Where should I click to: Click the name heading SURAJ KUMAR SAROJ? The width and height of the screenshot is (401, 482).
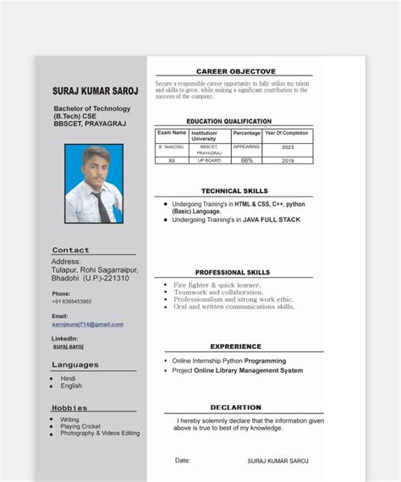click(95, 91)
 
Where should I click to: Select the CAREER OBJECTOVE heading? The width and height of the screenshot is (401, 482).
click(235, 71)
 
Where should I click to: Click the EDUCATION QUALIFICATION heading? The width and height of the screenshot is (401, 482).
click(228, 121)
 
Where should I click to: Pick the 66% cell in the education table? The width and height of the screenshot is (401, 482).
click(247, 160)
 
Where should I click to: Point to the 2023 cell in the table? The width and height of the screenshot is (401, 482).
click(288, 147)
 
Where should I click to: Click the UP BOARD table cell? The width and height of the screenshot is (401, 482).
click(209, 160)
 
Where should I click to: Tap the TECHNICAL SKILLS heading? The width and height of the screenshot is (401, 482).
click(234, 191)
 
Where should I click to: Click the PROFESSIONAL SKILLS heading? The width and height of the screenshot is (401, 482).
click(233, 273)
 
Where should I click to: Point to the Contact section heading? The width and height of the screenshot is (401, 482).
click(70, 251)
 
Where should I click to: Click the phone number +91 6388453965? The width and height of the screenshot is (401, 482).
click(71, 302)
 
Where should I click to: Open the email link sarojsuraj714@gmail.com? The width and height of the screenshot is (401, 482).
click(87, 324)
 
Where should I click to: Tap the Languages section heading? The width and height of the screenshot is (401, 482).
click(74, 365)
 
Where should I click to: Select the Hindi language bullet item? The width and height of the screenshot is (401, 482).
click(68, 379)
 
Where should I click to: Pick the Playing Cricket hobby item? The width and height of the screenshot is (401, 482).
click(80, 426)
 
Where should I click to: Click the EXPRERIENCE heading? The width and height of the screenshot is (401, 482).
click(235, 346)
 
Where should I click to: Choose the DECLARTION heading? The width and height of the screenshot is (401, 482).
click(235, 407)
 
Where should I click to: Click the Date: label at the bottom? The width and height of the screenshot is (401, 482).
click(183, 460)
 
